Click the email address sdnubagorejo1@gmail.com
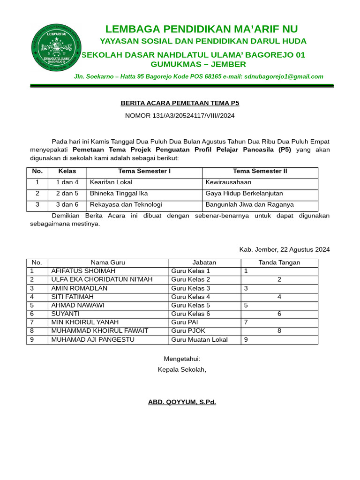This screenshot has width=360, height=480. click(283, 76)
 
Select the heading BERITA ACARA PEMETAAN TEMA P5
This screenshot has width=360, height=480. click(180, 103)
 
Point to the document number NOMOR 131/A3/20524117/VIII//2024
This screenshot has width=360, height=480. click(180, 115)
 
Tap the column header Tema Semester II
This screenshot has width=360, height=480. click(260, 171)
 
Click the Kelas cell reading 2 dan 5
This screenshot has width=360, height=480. click(67, 193)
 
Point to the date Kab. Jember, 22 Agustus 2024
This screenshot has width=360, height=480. click(284, 249)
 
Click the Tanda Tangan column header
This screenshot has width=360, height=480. click(279, 262)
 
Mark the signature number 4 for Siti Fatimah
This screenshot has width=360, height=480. click(279, 297)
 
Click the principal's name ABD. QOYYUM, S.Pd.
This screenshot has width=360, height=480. click(182, 402)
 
